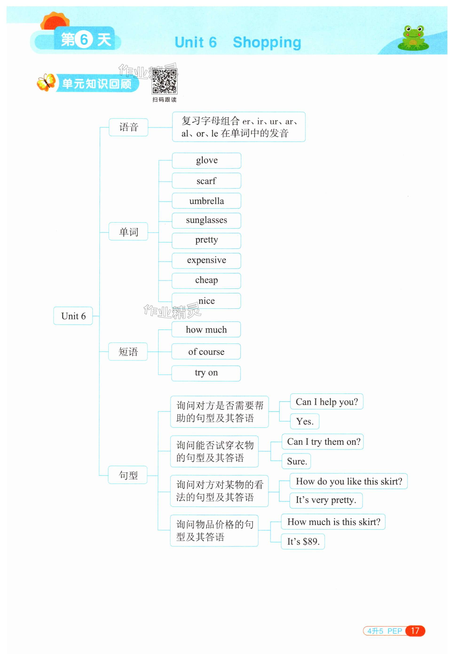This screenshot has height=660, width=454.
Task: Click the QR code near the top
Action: (164, 82)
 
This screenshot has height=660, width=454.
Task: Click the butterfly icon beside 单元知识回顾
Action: (46, 82)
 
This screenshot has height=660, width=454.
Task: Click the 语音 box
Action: (129, 127)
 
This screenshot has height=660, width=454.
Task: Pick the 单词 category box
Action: (128, 232)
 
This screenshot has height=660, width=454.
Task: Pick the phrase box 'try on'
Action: (206, 373)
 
